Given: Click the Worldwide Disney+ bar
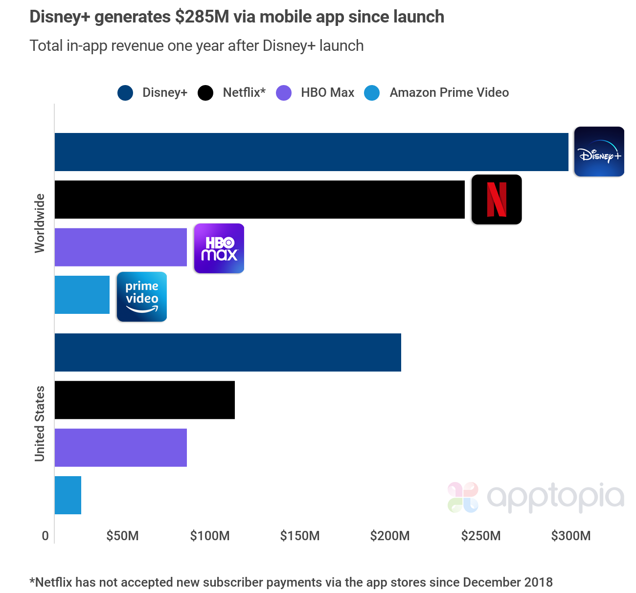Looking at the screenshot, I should [x=311, y=152].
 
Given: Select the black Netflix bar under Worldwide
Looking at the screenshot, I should [x=259, y=199].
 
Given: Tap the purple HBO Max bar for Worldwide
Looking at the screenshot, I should [x=121, y=247].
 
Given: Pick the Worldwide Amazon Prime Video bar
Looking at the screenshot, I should [x=82, y=295].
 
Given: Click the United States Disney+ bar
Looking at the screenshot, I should [x=227, y=352].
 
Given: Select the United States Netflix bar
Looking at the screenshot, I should [x=144, y=400].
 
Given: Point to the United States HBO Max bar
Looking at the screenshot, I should [x=121, y=448].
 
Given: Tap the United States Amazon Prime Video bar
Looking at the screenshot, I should [x=68, y=495].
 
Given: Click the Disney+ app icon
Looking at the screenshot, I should [x=599, y=152].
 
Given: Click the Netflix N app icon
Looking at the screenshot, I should [x=497, y=199].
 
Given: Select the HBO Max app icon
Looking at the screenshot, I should [x=219, y=248].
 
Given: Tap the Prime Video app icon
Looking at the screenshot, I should [x=142, y=297].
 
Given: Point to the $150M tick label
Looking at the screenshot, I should [x=299, y=536].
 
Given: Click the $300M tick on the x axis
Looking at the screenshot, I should [x=570, y=536].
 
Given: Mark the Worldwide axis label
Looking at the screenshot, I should [x=40, y=223].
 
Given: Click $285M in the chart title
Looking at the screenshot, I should [x=202, y=17].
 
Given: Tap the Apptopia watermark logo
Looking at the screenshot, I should [x=536, y=497].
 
